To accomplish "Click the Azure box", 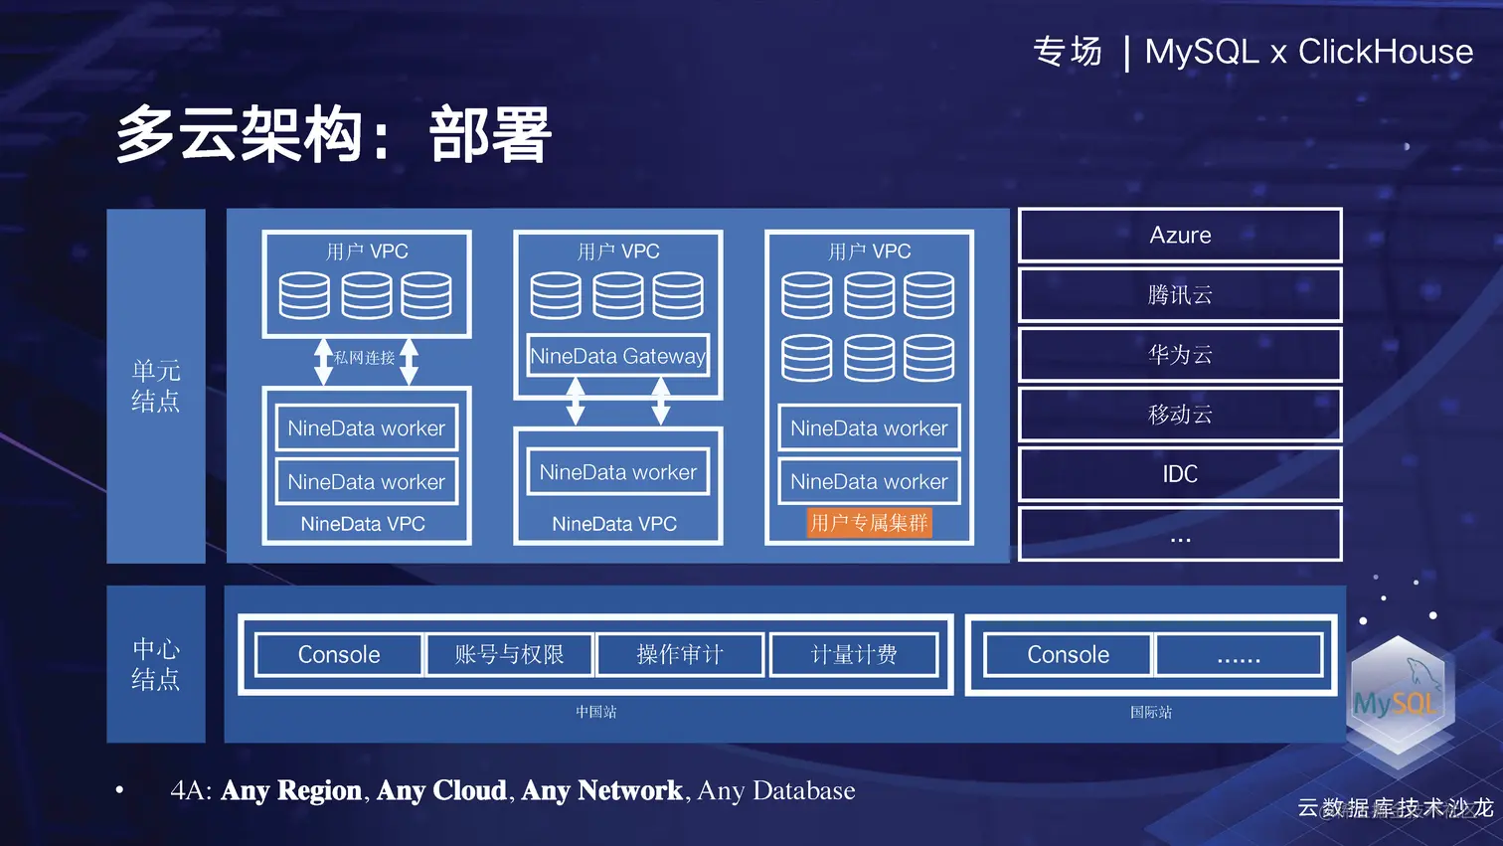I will click(1180, 236).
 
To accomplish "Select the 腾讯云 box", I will click(1180, 295).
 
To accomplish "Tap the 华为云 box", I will click(1180, 355).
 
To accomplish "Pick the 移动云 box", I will click(1180, 415).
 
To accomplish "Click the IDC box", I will click(1180, 474).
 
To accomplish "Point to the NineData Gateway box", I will click(617, 356).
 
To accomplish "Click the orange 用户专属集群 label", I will click(869, 523).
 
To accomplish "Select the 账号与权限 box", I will click(509, 654).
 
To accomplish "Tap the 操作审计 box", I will click(680, 654).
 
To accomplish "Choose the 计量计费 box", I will click(854, 654).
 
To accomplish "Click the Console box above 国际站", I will click(1068, 654).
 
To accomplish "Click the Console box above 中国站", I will click(339, 654).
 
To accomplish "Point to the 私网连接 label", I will click(365, 358).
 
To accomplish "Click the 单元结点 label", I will click(156, 386).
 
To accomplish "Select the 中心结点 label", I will click(156, 664).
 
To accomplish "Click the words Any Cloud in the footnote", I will click(441, 790).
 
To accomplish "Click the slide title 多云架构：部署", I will click(334, 135).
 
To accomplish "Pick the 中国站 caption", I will click(596, 712).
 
